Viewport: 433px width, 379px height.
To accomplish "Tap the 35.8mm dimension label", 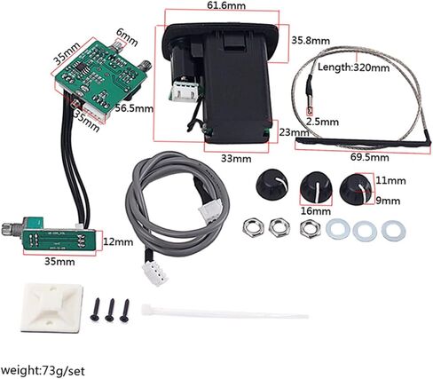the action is coord(311,40).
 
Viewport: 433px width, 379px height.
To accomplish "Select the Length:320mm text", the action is coord(353,67).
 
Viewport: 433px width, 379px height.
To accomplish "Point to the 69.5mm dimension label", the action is coord(369,157).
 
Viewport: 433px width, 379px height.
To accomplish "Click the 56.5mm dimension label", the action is coord(135,108).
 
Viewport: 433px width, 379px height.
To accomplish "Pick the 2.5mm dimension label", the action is coord(322,122).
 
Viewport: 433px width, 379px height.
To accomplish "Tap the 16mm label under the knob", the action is coord(316,211).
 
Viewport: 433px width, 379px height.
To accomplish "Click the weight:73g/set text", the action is coord(43,371).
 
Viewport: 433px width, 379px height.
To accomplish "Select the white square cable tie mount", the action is coord(51,307).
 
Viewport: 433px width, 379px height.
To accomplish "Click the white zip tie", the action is coord(224,312).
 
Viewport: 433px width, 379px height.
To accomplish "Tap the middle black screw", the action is coord(110,310).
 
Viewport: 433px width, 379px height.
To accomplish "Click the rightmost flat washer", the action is coord(394,230).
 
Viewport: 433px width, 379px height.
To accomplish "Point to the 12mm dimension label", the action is coord(118,242).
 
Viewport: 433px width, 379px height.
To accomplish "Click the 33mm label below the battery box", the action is coord(236,159).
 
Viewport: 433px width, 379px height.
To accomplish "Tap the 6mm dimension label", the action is coord(127,37).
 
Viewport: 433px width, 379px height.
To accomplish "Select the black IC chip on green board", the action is coord(81,67).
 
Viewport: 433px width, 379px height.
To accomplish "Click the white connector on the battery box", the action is coord(185,91).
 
